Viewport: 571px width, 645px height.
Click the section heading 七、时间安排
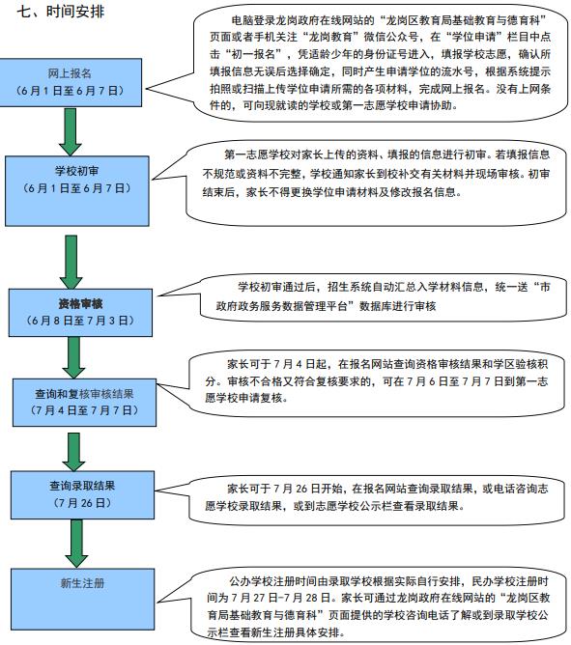point(61,12)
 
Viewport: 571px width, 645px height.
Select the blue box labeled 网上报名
point(71,83)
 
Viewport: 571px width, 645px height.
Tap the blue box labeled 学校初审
point(77,191)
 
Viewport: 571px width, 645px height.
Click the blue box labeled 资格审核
point(81,313)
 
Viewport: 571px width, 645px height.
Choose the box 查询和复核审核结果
point(84,403)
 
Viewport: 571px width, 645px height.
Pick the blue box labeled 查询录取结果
point(83,495)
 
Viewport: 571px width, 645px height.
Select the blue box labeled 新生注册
point(83,600)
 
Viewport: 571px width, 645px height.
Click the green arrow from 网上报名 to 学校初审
point(71,131)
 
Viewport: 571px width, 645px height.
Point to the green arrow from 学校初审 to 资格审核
point(71,262)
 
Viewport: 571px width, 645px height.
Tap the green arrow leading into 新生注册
point(76,544)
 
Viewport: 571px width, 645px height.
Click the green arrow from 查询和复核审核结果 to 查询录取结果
point(73,452)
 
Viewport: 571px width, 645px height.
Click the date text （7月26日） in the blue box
point(82,503)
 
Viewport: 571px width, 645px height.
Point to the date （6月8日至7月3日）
point(80,321)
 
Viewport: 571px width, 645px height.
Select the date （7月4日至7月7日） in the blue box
point(84,410)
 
